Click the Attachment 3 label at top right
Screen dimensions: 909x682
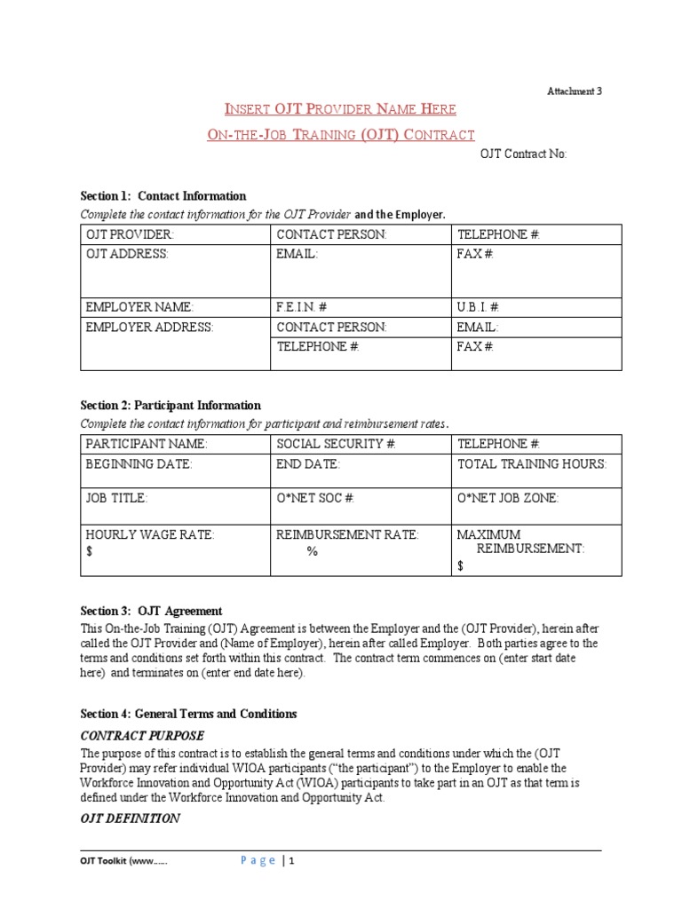[574, 91]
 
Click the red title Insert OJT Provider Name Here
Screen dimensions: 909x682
[340, 109]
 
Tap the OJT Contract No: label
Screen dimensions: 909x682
[523, 154]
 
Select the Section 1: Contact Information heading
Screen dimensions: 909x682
[163, 196]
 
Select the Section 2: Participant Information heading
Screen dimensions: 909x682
[170, 406]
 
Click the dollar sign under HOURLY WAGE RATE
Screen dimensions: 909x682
[89, 551]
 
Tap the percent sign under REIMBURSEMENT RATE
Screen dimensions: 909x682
[312, 551]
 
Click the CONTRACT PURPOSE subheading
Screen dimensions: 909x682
[142, 736]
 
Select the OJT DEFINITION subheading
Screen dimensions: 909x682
[131, 818]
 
